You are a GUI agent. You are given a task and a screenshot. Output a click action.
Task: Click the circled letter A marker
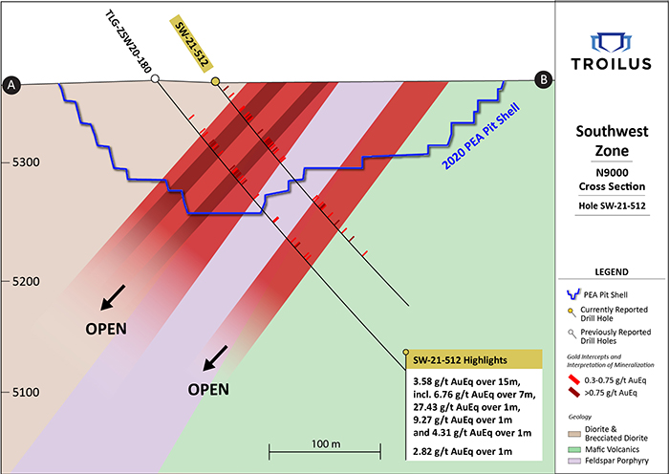12,84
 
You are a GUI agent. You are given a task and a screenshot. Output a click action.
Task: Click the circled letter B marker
544,81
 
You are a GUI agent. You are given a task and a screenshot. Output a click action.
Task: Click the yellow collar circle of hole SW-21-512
215,82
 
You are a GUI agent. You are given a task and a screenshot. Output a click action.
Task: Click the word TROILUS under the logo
612,65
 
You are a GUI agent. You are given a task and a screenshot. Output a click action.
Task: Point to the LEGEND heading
612,272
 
